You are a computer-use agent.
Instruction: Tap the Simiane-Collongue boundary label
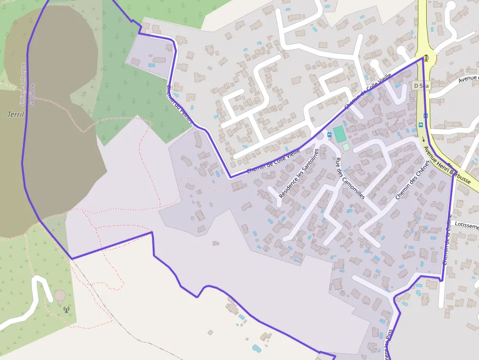(x=22, y=84)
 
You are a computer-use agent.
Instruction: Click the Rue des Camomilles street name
(x=350, y=178)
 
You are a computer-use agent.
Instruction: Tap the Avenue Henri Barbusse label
(x=447, y=165)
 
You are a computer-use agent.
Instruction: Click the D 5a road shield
(x=421, y=85)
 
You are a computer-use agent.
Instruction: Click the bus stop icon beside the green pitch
(x=329, y=134)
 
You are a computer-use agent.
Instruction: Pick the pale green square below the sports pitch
(x=346, y=147)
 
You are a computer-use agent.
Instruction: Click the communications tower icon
(x=66, y=309)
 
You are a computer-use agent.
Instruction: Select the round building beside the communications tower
(x=60, y=296)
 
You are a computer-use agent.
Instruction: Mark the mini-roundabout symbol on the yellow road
(x=426, y=58)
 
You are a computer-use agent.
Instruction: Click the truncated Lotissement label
(x=466, y=226)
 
